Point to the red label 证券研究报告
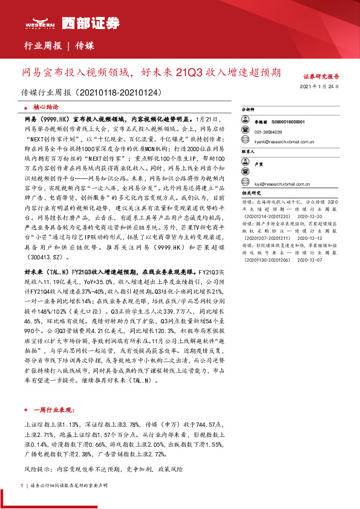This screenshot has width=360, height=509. point(321,77)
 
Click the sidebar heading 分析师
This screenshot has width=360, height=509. point(249,111)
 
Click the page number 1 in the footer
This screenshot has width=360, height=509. point(22,485)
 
